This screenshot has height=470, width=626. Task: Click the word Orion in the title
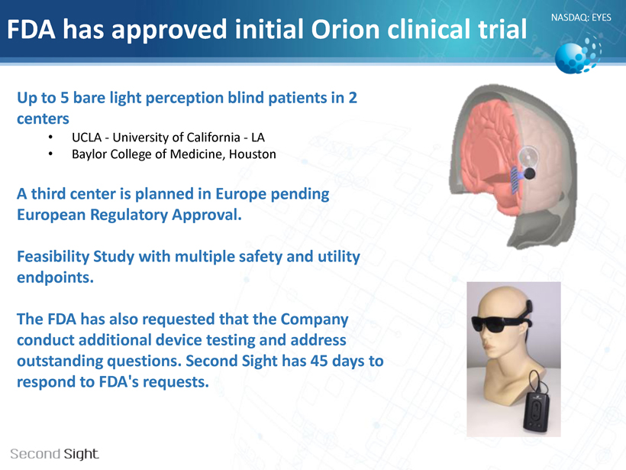click(345, 29)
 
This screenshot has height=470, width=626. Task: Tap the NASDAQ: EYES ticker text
click(581, 18)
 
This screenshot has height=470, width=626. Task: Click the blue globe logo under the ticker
click(577, 55)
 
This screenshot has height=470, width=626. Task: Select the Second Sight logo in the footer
click(55, 454)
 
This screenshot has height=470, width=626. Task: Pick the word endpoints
click(55, 277)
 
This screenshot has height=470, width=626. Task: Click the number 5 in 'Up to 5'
click(65, 98)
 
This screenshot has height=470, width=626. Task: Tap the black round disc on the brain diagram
click(529, 173)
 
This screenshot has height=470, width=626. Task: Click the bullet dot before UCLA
click(50, 138)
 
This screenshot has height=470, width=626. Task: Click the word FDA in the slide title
click(31, 29)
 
